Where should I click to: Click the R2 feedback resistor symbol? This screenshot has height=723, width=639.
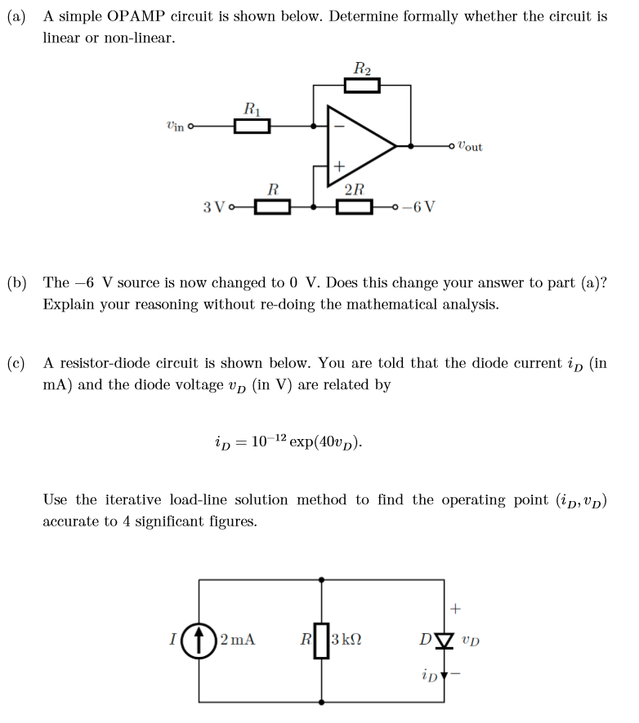pyautogui.click(x=362, y=86)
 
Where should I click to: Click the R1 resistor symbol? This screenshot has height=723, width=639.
pyautogui.click(x=252, y=126)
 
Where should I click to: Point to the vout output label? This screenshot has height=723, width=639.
pyautogui.click(x=470, y=146)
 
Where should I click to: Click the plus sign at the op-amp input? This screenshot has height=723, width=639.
pyautogui.click(x=337, y=166)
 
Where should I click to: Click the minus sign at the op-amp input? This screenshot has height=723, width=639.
pyautogui.click(x=337, y=126)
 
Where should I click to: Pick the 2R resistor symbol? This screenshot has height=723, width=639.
pyautogui.click(x=355, y=206)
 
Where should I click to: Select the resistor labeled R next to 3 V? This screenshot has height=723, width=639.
pyautogui.click(x=273, y=206)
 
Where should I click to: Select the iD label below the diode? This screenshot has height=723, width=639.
pyautogui.click(x=430, y=674)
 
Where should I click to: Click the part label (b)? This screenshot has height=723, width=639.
pyautogui.click(x=16, y=283)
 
